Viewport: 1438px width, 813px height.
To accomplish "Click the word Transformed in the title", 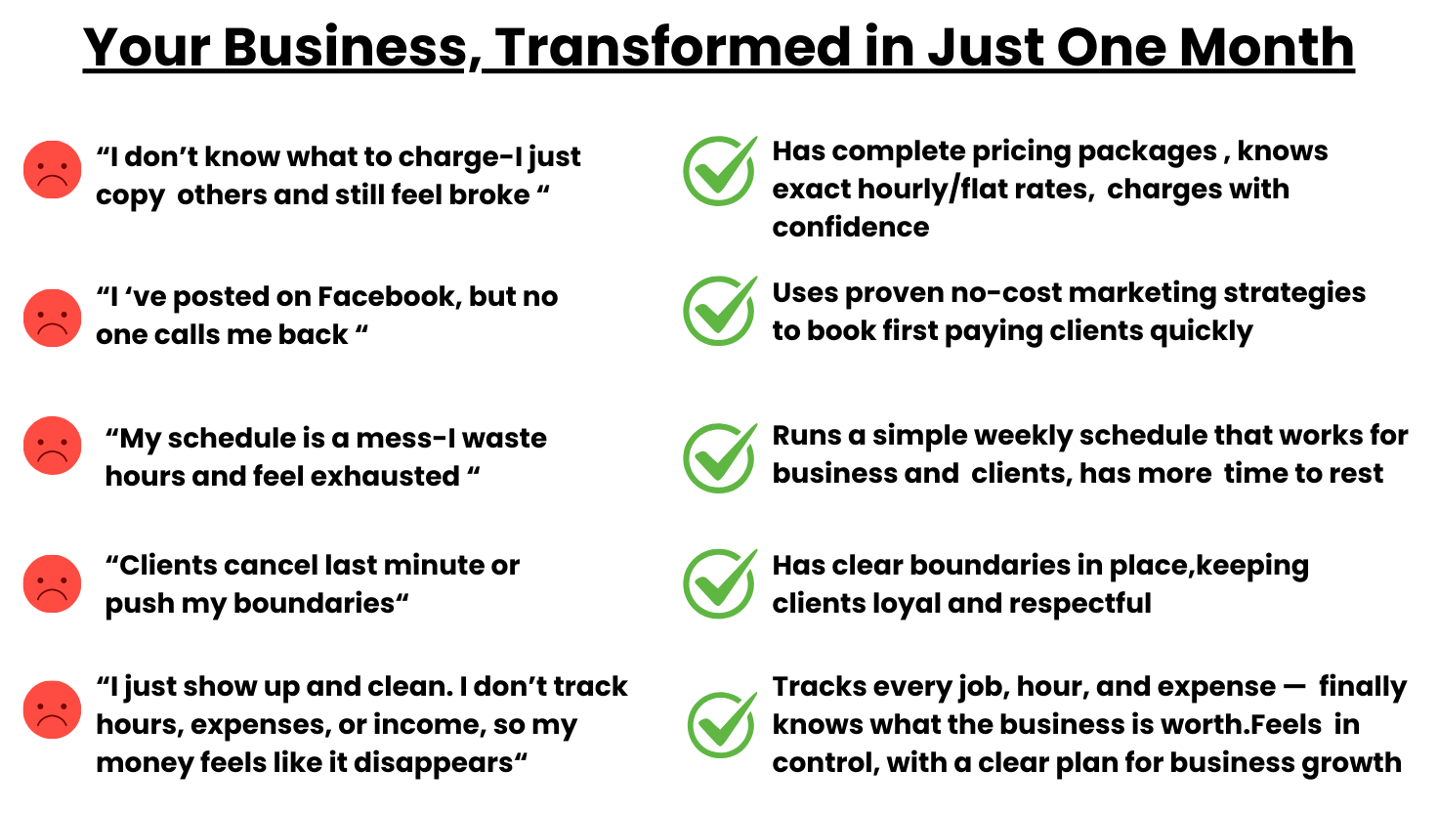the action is pyautogui.click(x=673, y=47).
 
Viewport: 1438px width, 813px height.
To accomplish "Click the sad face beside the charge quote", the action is pyautogui.click(x=53, y=169).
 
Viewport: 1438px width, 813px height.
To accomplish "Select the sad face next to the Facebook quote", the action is pyautogui.click(x=53, y=318).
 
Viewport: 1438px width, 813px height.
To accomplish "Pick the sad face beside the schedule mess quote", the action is pyautogui.click(x=53, y=446).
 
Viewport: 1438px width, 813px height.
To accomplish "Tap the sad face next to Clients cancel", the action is pyautogui.click(x=53, y=583).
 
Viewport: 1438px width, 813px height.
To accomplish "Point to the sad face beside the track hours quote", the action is pyautogui.click(x=53, y=709).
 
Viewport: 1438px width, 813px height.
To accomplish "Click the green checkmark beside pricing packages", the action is pyautogui.click(x=720, y=171).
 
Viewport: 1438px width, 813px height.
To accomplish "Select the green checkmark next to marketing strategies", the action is pyautogui.click(x=720, y=311).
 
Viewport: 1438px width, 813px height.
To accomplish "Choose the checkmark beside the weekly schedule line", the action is pyautogui.click(x=720, y=458).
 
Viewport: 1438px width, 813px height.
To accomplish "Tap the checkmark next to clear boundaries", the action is pyautogui.click(x=720, y=583).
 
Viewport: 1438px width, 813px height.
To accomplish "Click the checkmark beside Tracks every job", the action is pyautogui.click(x=722, y=725).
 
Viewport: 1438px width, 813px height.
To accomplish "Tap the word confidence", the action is pyautogui.click(x=851, y=228).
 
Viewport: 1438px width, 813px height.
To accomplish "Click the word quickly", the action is pyautogui.click(x=1202, y=332).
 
